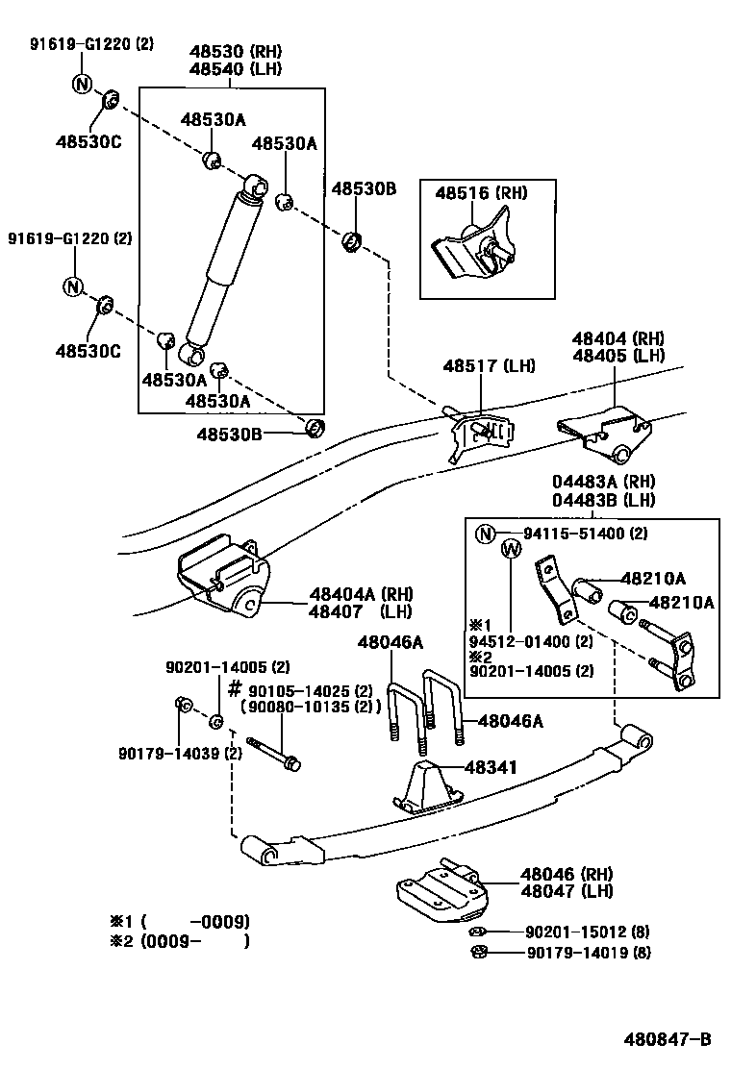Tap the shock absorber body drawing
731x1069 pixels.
tap(223, 264)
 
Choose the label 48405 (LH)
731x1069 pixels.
tap(618, 355)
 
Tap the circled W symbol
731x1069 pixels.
tap(512, 549)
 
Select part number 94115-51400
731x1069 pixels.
tap(575, 534)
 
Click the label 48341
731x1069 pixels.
tap(491, 767)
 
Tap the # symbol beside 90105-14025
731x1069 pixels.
tap(234, 688)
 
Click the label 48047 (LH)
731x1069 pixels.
tap(560, 891)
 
